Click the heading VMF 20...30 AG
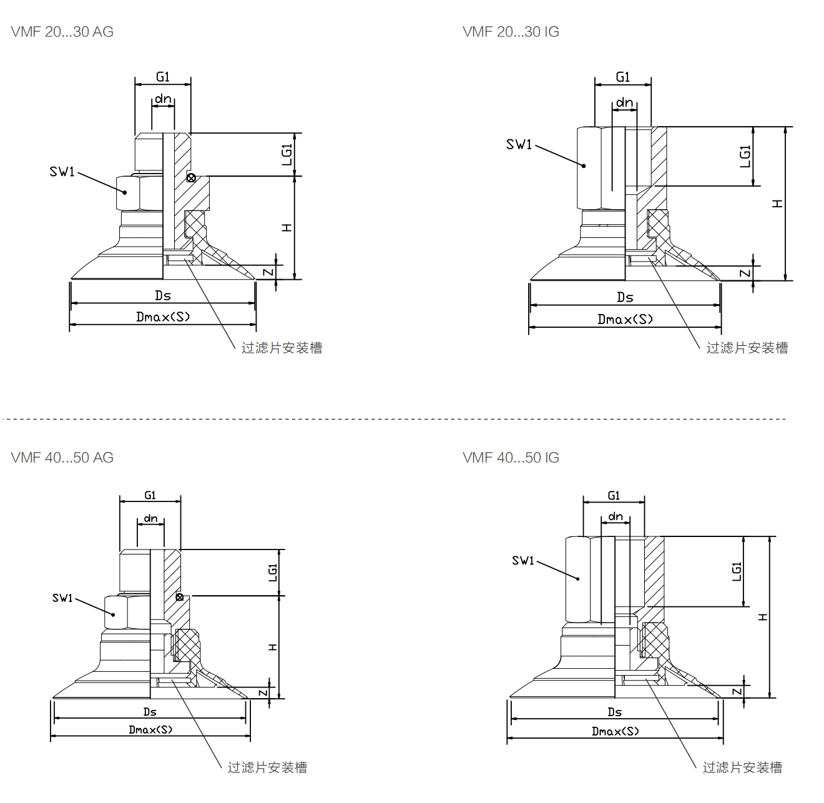(x=62, y=32)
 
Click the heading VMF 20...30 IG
(x=511, y=32)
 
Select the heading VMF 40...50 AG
(x=62, y=458)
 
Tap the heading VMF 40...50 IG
(x=511, y=458)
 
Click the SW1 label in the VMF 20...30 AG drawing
(x=62, y=172)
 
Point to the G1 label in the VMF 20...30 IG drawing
(x=623, y=77)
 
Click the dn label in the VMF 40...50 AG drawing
(x=151, y=518)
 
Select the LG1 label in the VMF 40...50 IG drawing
(x=737, y=571)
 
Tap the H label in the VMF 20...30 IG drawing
(x=777, y=204)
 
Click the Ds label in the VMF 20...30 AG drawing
(x=163, y=295)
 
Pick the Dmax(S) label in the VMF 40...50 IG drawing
(x=615, y=731)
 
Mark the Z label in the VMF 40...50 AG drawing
(x=263, y=693)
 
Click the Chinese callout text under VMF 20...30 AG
(x=282, y=348)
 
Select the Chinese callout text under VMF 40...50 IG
(x=742, y=767)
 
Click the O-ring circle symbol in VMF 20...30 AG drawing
(x=191, y=178)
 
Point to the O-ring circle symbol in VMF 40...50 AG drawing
(x=180, y=597)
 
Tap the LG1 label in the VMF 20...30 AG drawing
(x=287, y=155)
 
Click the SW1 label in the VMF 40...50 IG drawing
(x=523, y=561)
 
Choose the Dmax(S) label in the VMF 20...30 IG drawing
(x=625, y=320)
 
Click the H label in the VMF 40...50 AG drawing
(x=273, y=647)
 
